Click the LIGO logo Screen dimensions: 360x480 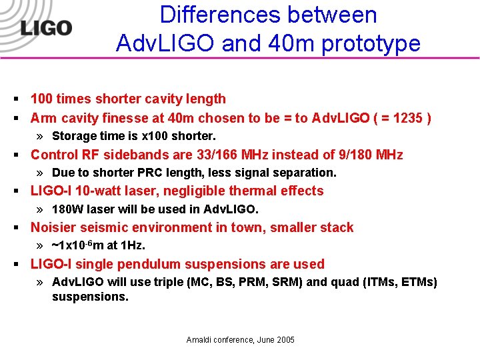click(x=45, y=27)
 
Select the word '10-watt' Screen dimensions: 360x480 click(x=95, y=191)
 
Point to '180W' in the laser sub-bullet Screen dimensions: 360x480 click(x=67, y=209)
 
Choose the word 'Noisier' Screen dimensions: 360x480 click(x=55, y=227)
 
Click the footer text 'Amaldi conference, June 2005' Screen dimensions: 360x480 click(x=240, y=340)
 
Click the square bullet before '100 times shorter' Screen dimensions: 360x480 click(x=15, y=99)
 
